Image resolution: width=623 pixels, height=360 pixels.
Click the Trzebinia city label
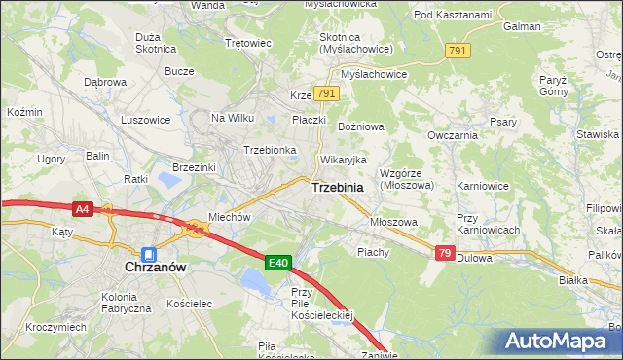coord(338,187)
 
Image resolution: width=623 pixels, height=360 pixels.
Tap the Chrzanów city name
coord(155,266)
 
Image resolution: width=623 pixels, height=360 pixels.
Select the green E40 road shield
coord(278,262)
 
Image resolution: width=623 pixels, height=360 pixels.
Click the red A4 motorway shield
coord(84,208)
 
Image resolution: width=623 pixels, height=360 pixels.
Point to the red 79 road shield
coord(445,253)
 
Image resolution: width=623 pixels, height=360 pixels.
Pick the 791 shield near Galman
coord(457,50)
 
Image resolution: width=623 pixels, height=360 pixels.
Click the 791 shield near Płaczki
coord(327,93)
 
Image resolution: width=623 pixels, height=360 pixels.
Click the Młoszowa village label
coord(393,222)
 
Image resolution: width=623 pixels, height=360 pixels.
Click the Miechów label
coord(230,218)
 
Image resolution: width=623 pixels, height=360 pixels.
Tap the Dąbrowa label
coord(105,83)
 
